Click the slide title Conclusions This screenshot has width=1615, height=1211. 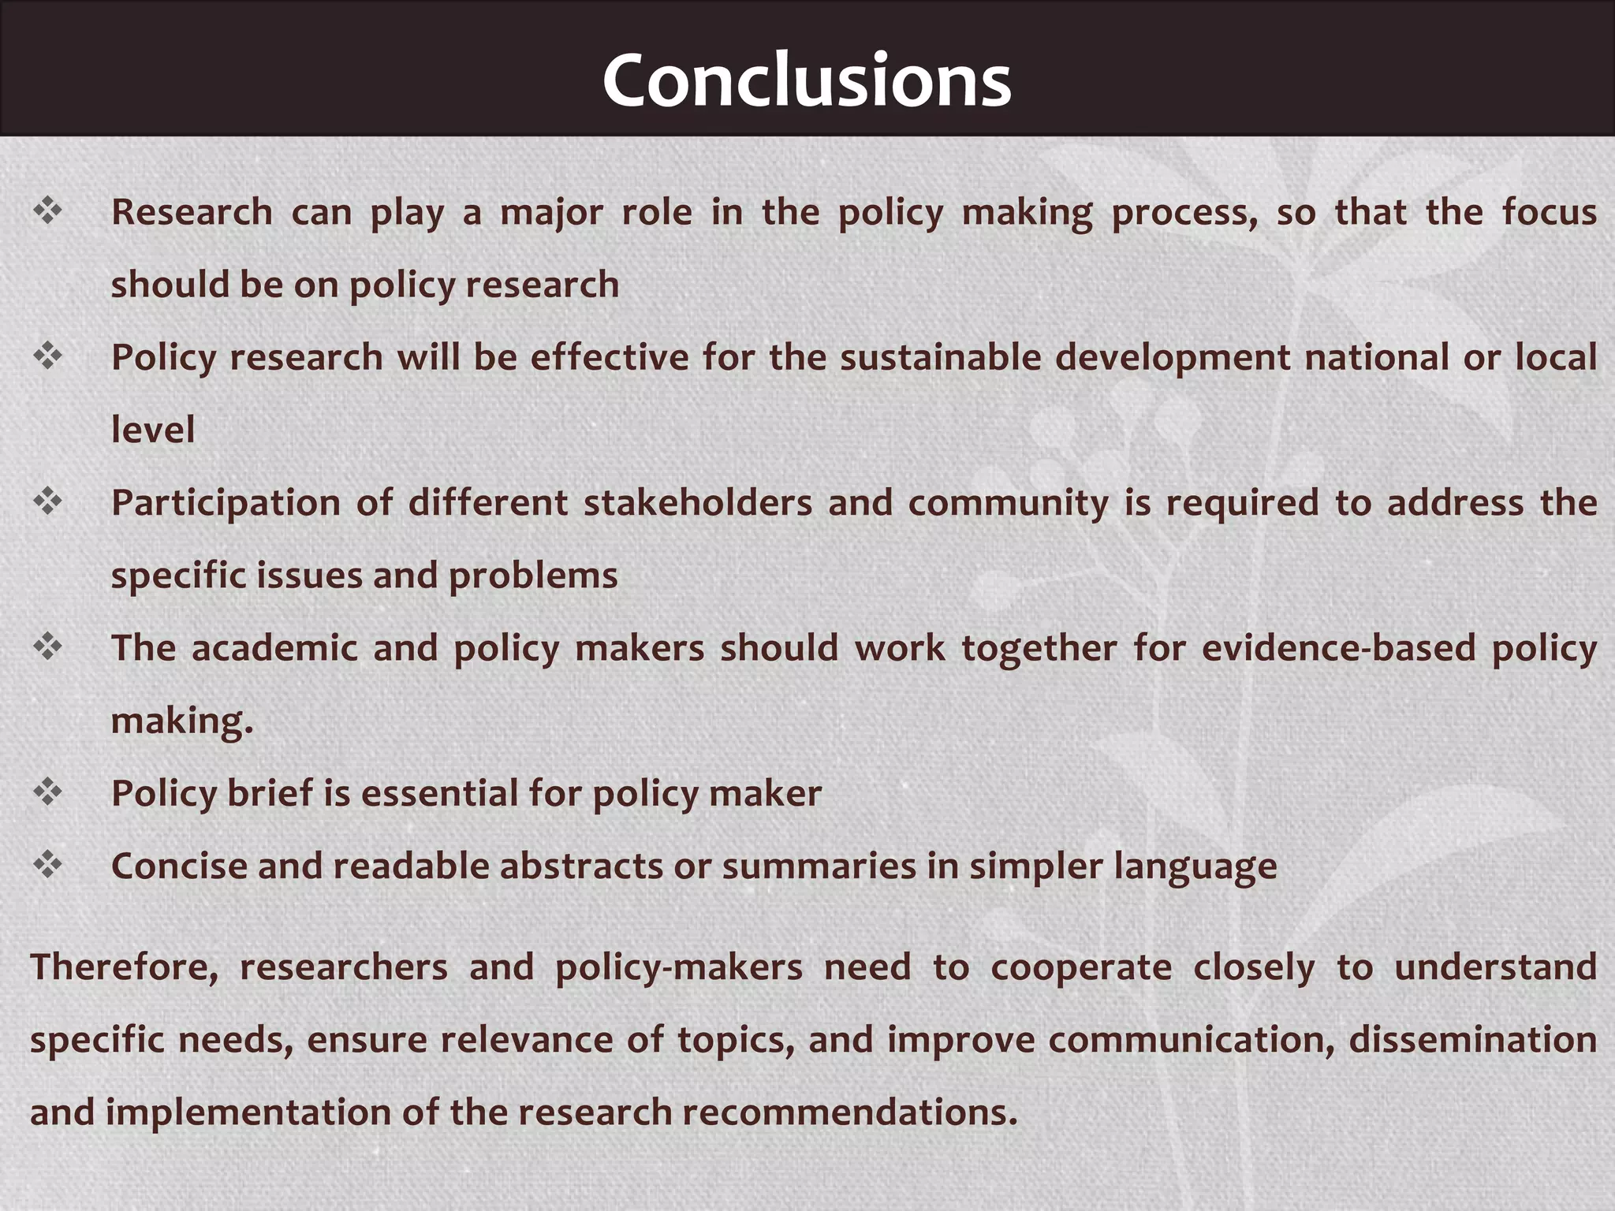pyautogui.click(x=807, y=80)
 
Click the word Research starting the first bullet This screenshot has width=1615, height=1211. pyautogui.click(x=192, y=212)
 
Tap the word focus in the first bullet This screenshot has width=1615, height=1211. pyautogui.click(x=1549, y=212)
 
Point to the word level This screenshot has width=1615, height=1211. pyautogui.click(x=153, y=430)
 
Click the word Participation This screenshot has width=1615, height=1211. pyautogui.click(x=225, y=503)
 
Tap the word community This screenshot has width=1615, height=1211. pyautogui.click(x=1008, y=503)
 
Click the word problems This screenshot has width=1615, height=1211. pyautogui.click(x=533, y=576)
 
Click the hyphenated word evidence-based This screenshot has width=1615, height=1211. pyautogui.click(x=1338, y=648)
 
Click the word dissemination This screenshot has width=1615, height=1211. pyautogui.click(x=1472, y=1040)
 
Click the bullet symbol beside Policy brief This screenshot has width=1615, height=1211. pyautogui.click(x=48, y=792)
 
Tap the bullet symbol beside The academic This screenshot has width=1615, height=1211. pyautogui.click(x=48, y=646)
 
